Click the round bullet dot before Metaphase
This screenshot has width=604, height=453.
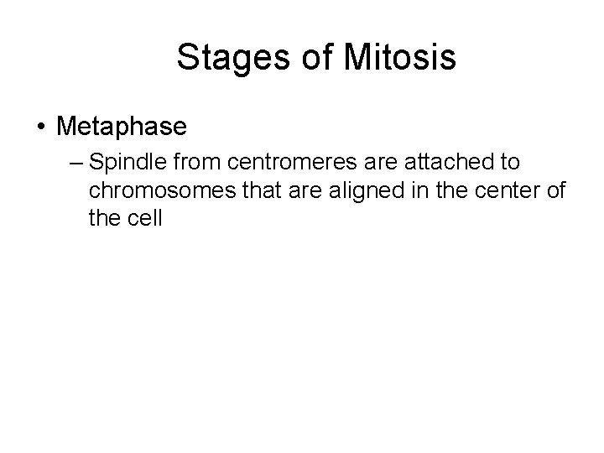[41, 127]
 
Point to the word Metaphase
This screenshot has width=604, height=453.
[121, 127]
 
